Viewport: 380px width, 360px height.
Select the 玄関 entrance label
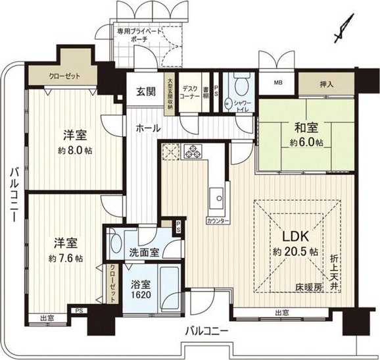point(147,91)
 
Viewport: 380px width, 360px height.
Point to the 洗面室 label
point(144,251)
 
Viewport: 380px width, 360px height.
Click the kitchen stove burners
point(193,152)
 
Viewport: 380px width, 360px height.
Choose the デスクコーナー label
point(191,92)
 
